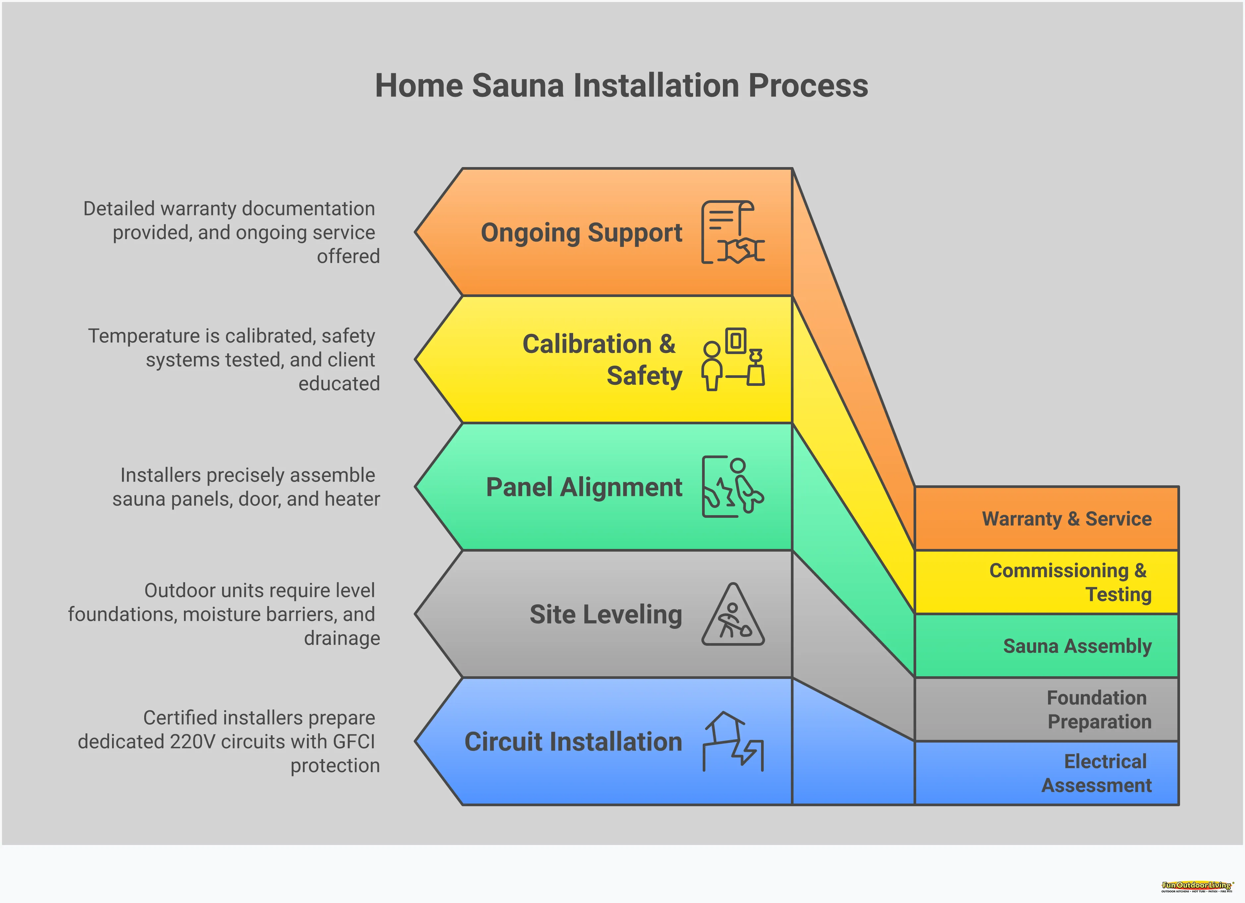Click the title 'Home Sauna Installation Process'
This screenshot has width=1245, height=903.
click(x=622, y=86)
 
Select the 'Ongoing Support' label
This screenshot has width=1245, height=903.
click(x=581, y=233)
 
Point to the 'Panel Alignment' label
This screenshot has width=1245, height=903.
click(x=584, y=487)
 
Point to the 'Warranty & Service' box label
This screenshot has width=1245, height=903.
click(x=1067, y=519)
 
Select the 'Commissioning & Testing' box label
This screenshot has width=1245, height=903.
click(x=1070, y=582)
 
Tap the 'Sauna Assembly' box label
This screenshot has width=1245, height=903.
click(x=1077, y=646)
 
